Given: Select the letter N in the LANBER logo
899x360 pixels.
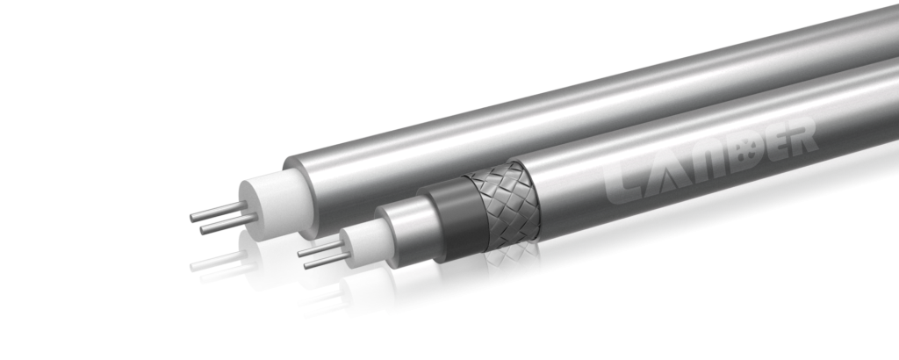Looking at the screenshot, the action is click(x=708, y=162).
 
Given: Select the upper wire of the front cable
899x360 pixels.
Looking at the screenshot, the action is click(x=321, y=248).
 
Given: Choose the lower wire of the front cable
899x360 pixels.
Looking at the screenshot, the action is click(x=327, y=260).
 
